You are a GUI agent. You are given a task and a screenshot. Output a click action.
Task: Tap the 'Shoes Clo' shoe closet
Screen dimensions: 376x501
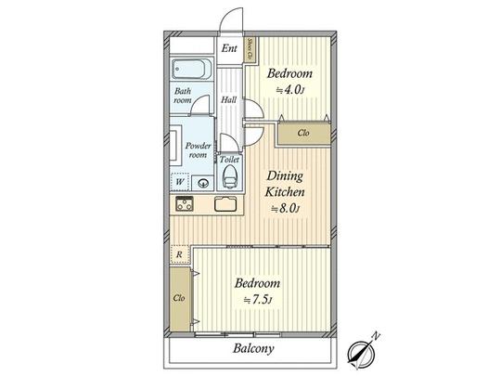tap(250, 50)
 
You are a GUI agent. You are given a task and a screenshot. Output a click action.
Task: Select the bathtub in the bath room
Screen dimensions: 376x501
tap(193, 71)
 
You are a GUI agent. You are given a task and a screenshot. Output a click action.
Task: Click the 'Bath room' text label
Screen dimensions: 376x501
tap(183, 96)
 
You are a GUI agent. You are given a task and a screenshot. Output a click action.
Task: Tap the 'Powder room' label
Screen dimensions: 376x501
tap(197, 150)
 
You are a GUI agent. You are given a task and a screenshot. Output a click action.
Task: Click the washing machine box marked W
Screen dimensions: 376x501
tap(179, 182)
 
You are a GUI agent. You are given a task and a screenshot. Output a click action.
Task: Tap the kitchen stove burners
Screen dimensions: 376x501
tap(183, 204)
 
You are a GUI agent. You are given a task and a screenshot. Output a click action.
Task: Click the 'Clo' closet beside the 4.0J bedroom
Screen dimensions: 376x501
tap(302, 134)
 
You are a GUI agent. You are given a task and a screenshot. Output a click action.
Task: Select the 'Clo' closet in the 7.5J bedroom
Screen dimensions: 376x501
tap(177, 299)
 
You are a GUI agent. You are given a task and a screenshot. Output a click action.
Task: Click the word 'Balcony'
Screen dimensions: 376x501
tap(253, 350)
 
